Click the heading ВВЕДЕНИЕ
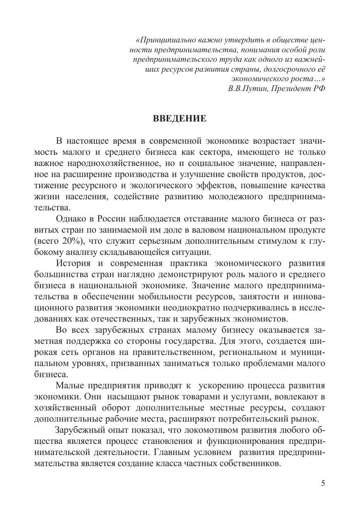click(179, 119)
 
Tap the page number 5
click(323, 483)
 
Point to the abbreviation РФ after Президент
click(319, 89)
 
